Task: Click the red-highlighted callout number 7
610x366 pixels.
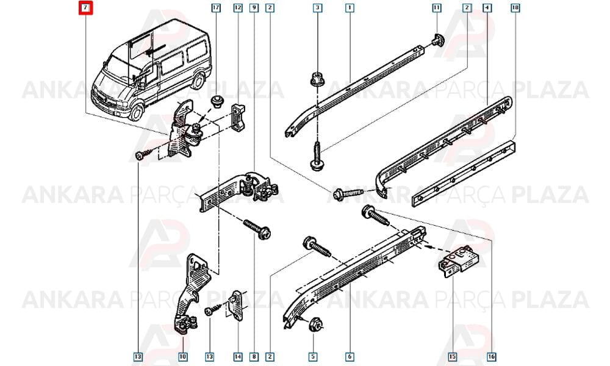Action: click(x=85, y=8)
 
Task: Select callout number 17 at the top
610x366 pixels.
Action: click(x=216, y=7)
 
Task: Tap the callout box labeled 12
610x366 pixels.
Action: click(x=238, y=7)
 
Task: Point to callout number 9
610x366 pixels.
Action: click(x=254, y=7)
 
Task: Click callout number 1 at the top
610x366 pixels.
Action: click(x=350, y=7)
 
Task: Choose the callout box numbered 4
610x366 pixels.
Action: click(x=487, y=7)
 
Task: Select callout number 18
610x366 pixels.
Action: click(x=515, y=7)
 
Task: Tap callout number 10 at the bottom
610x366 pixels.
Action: click(x=183, y=356)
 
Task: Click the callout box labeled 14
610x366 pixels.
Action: click(x=238, y=356)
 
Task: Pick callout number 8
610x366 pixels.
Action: click(x=254, y=356)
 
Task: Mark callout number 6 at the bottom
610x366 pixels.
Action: click(x=350, y=356)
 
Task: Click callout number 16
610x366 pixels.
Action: click(x=491, y=356)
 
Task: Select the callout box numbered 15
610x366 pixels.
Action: click(x=452, y=356)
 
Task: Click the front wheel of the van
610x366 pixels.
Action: click(x=136, y=112)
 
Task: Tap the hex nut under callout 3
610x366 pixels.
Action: click(x=316, y=79)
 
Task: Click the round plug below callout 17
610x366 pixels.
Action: click(x=217, y=102)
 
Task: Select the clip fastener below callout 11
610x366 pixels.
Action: click(x=437, y=40)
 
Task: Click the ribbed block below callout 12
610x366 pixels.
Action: click(x=239, y=118)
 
